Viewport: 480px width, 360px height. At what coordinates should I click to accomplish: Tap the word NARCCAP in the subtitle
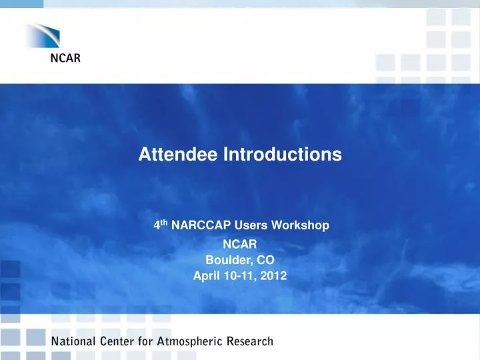[195, 226]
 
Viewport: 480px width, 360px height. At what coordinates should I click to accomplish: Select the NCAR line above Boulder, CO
[239, 245]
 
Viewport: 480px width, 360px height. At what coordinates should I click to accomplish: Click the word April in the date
[205, 277]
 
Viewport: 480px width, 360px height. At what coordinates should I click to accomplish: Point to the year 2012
[275, 277]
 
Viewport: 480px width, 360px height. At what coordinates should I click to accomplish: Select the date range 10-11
[238, 277]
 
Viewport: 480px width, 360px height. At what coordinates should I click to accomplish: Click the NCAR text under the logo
[67, 59]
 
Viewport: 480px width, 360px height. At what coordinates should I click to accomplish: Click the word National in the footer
[74, 342]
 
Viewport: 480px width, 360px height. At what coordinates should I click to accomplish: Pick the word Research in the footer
[249, 342]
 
